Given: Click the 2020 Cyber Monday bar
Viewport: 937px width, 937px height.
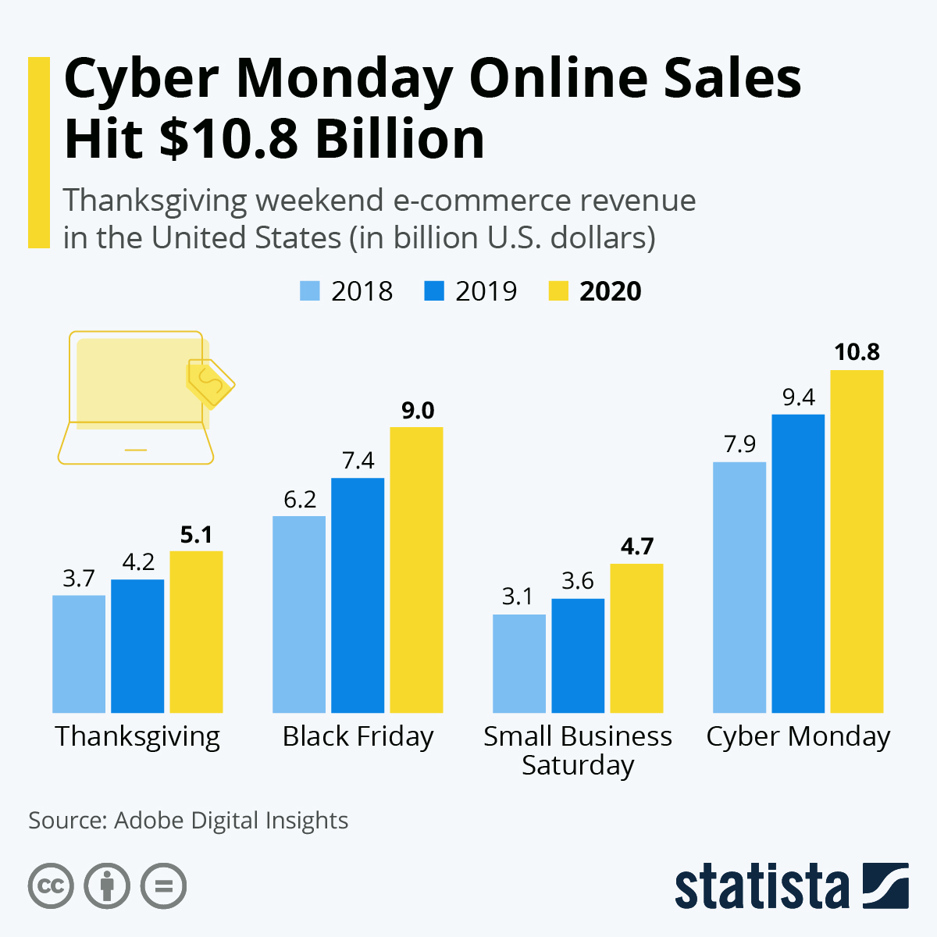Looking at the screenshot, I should coord(857,541).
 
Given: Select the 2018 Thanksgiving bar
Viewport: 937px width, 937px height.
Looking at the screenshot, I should coord(79,654).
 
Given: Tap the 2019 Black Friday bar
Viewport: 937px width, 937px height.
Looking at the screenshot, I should coord(358,595).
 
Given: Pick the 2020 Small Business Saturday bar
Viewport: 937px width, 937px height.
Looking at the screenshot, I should coord(636,638).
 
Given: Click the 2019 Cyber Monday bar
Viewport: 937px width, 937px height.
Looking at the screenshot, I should coord(798,563).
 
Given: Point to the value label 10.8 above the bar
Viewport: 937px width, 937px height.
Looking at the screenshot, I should coord(857,352).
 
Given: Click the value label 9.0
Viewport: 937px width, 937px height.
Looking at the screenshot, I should coord(418,411).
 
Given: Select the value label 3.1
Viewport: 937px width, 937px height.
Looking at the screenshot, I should coord(518,597).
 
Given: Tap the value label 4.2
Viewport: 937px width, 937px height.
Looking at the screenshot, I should coord(138,562).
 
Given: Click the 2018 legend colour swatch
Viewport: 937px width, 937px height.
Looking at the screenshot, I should coord(310,291).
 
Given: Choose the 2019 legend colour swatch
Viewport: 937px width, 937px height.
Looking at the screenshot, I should coord(434,291).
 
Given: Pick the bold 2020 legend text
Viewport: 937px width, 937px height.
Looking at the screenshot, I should coord(610,291).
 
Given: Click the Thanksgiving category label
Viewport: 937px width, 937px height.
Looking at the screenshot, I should coord(137,737).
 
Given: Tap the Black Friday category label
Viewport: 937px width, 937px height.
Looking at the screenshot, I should coord(358,737).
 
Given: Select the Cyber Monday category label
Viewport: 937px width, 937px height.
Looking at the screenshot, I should coord(798,737).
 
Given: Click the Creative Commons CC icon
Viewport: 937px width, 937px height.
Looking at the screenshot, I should coord(52,886).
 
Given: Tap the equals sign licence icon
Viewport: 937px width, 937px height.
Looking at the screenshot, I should coord(164,886).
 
